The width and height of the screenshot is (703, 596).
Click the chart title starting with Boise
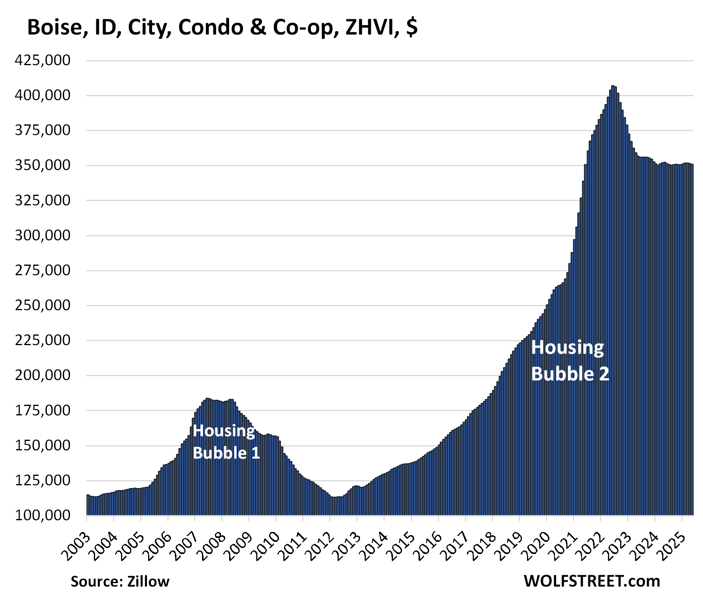tap(222, 27)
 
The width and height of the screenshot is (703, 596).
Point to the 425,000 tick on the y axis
tap(42, 60)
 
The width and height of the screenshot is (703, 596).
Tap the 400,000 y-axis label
tap(42, 95)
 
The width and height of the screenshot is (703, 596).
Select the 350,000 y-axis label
tap(42, 165)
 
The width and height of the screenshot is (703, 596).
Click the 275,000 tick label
tap(42, 271)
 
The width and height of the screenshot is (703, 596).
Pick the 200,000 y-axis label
tap(42, 375)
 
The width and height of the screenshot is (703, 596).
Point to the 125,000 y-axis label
tap(42, 480)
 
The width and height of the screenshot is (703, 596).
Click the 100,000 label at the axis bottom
tap(42, 515)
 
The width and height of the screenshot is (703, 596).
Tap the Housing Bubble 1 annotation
tap(226, 442)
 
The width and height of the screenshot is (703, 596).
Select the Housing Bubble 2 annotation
tap(570, 360)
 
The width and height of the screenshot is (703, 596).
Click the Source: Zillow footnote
tap(120, 581)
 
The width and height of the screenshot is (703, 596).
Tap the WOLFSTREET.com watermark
tap(592, 581)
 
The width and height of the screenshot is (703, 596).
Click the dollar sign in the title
tap(412, 27)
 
